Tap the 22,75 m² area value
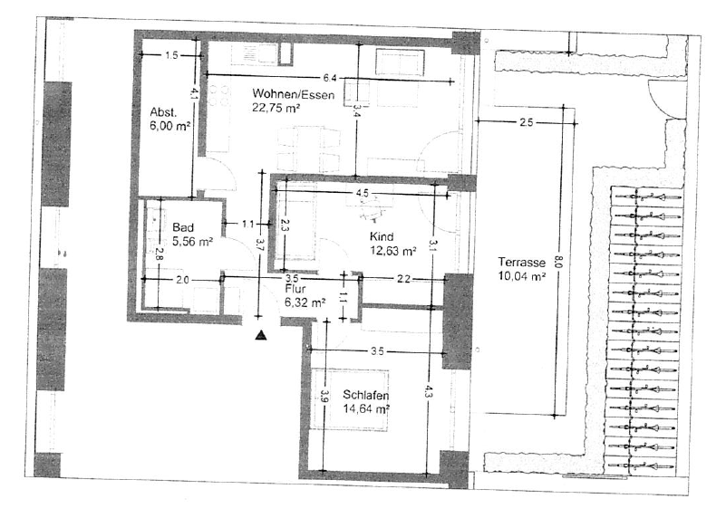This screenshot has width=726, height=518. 276,107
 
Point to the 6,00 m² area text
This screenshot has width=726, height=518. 169,127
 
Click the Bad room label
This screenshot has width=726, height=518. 183,228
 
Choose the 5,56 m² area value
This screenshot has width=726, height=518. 192,242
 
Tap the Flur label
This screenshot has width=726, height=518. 294,290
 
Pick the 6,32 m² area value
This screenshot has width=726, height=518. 305,303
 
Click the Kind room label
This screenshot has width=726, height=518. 380,236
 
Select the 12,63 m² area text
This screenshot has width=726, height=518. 392,251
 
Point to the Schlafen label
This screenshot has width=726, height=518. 366,395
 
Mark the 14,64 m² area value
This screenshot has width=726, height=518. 366,408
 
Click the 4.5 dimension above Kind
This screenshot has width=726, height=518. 362,193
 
